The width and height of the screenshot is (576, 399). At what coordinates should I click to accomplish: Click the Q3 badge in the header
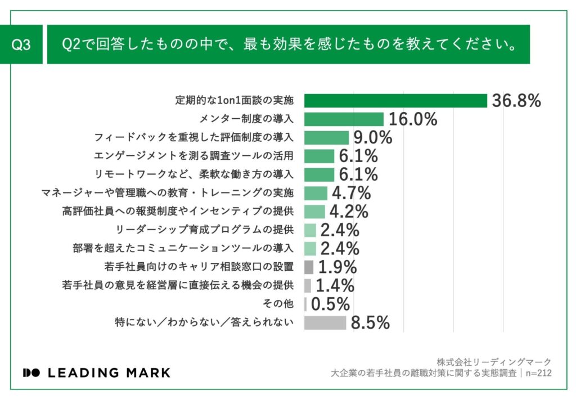(x=22, y=45)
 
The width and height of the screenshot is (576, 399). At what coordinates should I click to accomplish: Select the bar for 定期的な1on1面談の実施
(x=395, y=101)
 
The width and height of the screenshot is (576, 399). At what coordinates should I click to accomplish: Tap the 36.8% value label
(x=516, y=101)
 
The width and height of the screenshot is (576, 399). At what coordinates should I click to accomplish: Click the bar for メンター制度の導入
(x=344, y=119)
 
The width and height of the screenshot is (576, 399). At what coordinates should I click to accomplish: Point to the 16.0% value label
(x=412, y=119)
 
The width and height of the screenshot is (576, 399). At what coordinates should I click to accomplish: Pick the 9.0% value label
(x=372, y=138)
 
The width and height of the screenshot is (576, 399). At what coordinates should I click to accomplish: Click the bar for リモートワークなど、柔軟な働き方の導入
(x=319, y=174)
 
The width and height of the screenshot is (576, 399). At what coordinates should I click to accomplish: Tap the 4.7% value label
(x=351, y=193)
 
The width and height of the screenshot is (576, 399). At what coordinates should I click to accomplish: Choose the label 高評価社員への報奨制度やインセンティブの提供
(x=178, y=212)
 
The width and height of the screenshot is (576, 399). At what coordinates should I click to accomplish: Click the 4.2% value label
(x=349, y=212)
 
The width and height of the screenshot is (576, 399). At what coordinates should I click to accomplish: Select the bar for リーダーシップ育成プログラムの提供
(x=310, y=230)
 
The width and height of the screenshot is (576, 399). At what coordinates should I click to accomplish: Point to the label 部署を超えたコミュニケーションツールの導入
(x=183, y=248)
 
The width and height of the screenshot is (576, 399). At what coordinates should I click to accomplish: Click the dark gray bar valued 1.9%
(x=308, y=267)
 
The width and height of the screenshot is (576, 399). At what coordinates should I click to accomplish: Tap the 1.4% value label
(x=335, y=285)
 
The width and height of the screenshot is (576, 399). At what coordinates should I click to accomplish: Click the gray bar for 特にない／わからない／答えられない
(x=325, y=322)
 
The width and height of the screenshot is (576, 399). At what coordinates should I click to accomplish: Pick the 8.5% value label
(x=370, y=322)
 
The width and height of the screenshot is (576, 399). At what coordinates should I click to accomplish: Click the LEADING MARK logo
(x=96, y=373)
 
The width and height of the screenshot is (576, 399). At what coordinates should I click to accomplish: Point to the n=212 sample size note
(x=538, y=373)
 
